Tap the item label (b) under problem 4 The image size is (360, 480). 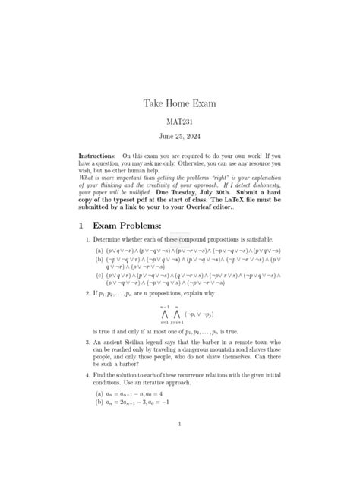pos(99,403)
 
